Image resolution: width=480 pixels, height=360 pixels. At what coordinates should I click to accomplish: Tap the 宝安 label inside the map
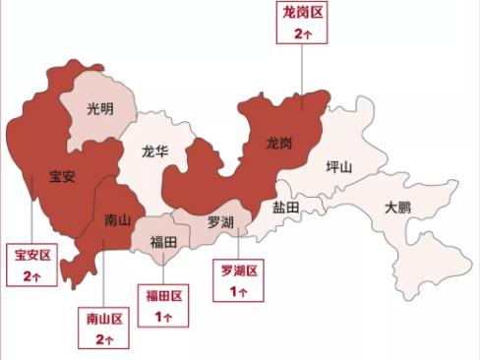coord(62,178)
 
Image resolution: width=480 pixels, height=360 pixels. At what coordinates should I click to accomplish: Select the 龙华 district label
coord(155,152)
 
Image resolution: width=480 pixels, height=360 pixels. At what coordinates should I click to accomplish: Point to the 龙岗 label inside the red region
coord(279,144)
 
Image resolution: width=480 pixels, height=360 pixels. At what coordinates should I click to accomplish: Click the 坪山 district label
coord(338,166)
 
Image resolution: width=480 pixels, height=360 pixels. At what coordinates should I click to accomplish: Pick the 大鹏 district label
coord(397,209)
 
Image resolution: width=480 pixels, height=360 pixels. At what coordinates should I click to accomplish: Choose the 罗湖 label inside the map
coord(220,222)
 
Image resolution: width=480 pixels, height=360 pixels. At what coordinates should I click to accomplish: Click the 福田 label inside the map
coord(162,241)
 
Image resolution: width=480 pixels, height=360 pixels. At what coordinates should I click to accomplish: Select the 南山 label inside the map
coord(117,221)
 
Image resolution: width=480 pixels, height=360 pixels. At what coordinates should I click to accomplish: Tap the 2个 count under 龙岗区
coord(302,34)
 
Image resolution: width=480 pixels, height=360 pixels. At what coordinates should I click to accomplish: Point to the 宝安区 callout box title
coord(31,256)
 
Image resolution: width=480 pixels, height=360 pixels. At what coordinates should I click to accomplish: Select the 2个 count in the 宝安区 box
coord(31,275)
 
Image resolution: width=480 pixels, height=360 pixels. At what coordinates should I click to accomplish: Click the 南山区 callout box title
coord(103,320)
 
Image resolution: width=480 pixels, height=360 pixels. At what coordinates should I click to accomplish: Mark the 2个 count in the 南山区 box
coord(103,339)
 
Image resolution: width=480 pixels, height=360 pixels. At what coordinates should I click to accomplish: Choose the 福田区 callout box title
coord(162,296)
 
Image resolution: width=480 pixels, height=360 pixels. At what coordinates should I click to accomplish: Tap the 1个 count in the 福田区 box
coord(162,316)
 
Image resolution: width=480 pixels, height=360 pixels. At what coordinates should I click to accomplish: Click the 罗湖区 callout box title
coord(238,270)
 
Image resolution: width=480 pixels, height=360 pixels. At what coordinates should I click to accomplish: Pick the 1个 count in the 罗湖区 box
coord(238,291)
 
